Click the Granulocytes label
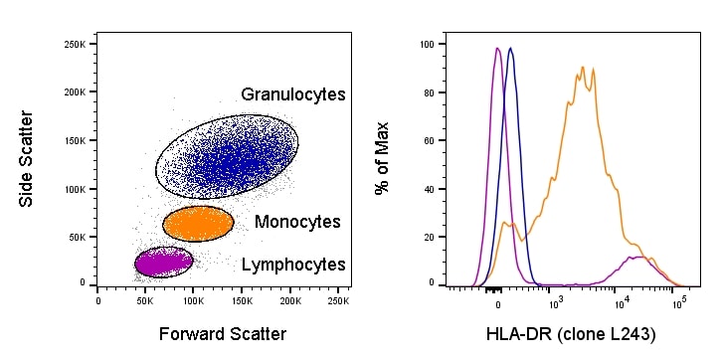pos(292,94)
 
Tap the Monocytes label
pos(297,222)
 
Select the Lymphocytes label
pos(294,265)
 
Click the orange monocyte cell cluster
pos(197,223)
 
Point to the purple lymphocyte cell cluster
pos(163,262)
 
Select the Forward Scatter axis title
pos(222,334)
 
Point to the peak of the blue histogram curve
pos(510,49)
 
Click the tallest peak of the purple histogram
pos(497,49)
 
